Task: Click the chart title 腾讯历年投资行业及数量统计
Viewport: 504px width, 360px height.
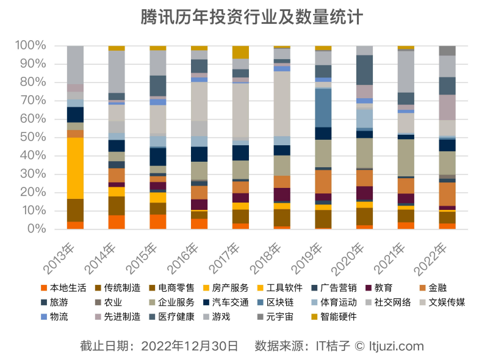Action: pos(251,17)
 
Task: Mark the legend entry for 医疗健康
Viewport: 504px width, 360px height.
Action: pos(171,317)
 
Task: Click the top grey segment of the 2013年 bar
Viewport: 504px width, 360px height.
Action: pos(75,64)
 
